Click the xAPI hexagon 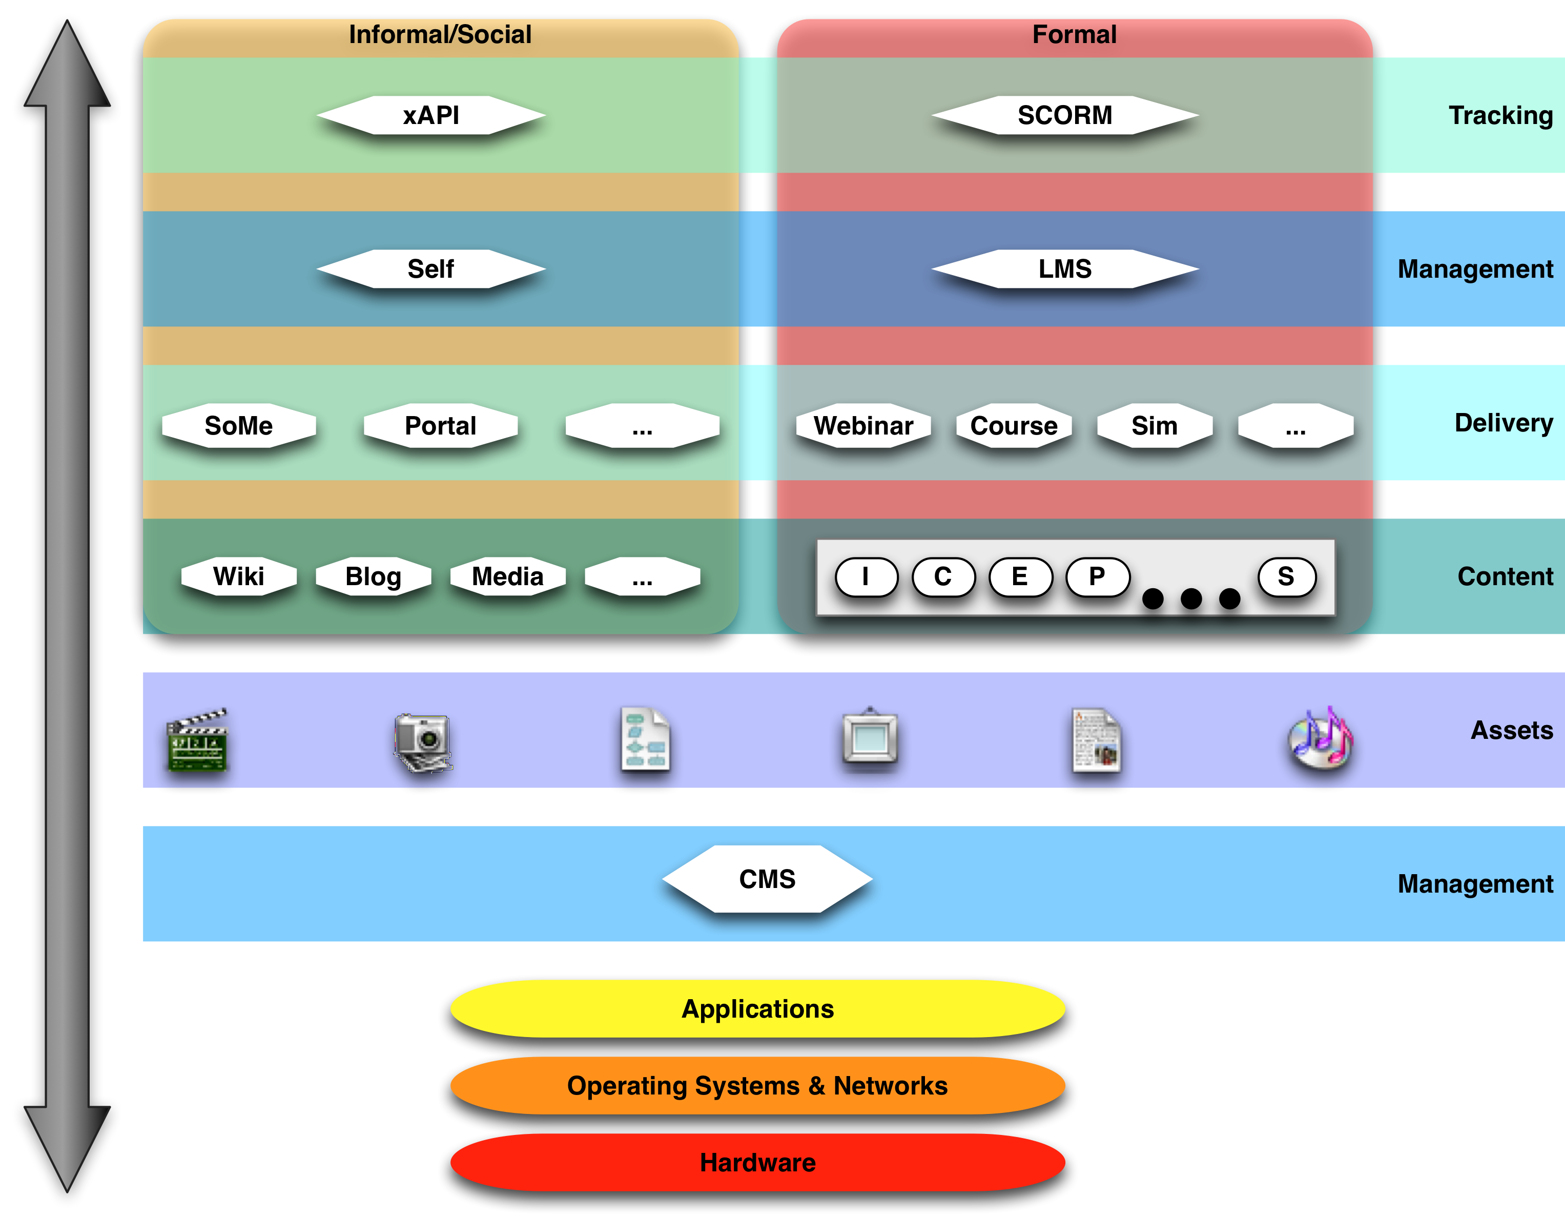[430, 115]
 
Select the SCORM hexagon [1065, 115]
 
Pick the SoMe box [239, 426]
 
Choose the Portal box [440, 426]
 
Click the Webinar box [863, 426]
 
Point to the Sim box [1155, 426]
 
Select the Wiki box [239, 576]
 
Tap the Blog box [374, 576]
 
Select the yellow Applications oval [757, 1009]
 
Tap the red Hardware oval [757, 1163]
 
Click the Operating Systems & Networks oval [757, 1086]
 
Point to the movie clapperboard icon [197, 740]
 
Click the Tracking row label [1500, 115]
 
